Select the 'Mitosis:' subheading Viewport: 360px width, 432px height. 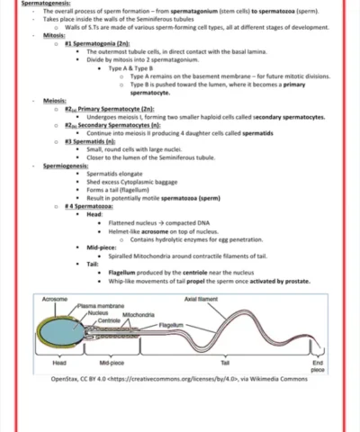[x=55, y=35]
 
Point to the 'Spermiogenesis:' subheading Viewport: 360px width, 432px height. [x=66, y=166]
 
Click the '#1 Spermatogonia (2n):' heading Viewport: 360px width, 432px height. [x=97, y=43]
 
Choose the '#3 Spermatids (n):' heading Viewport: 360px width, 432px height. [x=90, y=141]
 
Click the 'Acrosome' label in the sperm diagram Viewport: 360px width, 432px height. [x=55, y=298]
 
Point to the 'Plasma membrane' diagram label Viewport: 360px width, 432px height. [x=101, y=306]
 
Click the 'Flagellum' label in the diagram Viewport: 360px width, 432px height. [x=171, y=324]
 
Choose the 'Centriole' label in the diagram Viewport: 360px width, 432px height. [x=109, y=320]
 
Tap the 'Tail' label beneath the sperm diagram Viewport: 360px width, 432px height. [x=225, y=363]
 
